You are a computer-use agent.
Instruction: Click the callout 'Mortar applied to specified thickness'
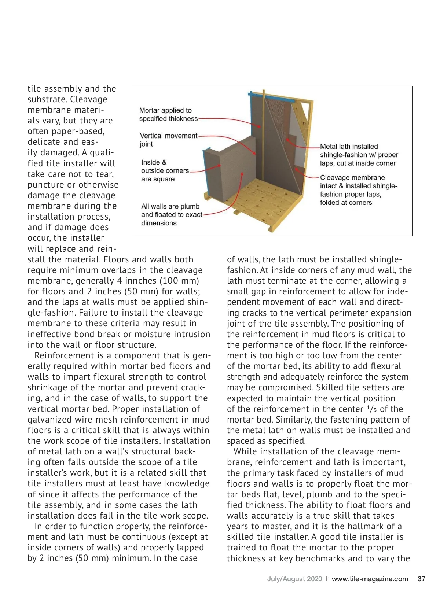click(168, 114)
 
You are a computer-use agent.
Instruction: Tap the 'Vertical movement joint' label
click(168, 140)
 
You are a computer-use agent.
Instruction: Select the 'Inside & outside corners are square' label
click(165, 170)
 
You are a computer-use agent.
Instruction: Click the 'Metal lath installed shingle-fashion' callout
click(359, 155)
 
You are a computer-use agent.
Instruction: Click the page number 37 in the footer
click(421, 579)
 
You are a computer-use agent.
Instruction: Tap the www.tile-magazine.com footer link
click(370, 579)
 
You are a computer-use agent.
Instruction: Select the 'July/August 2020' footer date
click(294, 579)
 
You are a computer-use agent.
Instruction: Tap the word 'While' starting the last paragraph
click(245, 451)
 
